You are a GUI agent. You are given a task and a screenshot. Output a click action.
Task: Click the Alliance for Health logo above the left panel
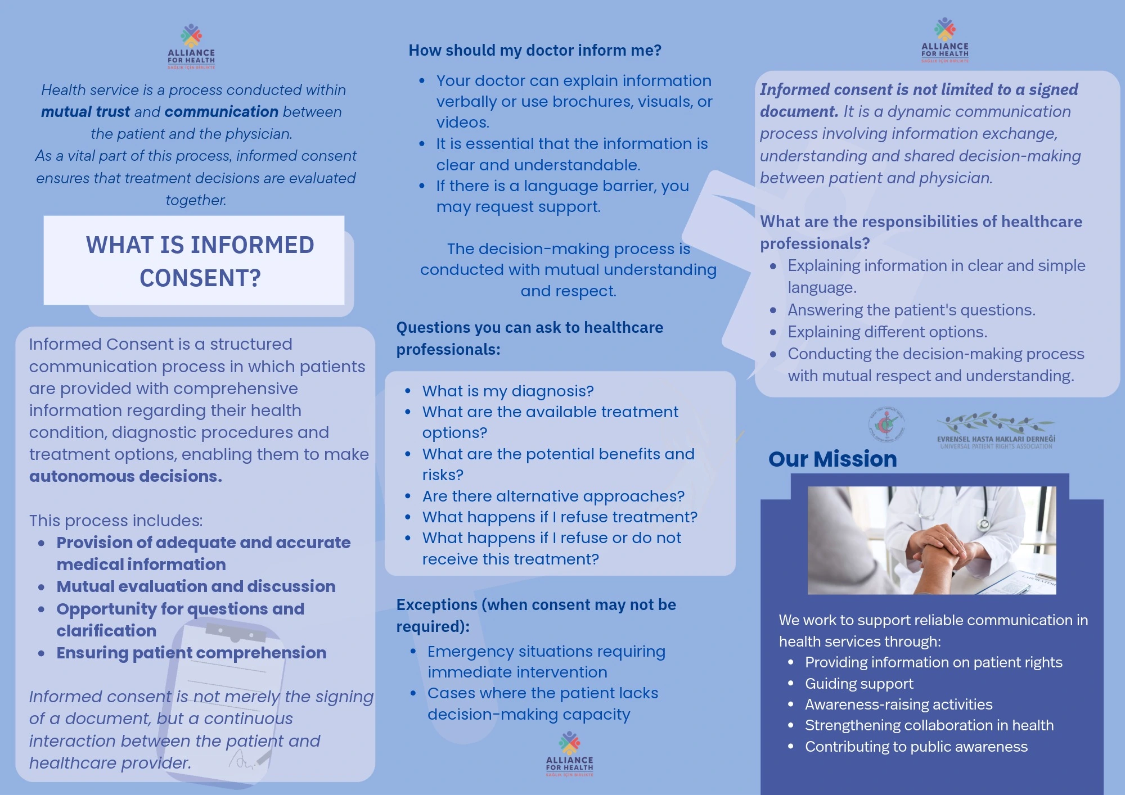pyautogui.click(x=191, y=46)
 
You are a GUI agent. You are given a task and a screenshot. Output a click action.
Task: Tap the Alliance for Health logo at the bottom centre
pyautogui.click(x=569, y=753)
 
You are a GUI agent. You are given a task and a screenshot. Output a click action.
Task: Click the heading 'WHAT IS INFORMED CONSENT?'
pyautogui.click(x=200, y=261)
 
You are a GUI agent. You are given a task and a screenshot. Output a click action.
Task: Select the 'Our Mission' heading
pyautogui.click(x=832, y=459)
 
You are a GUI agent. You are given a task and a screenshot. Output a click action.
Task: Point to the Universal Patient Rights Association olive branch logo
pyautogui.click(x=996, y=431)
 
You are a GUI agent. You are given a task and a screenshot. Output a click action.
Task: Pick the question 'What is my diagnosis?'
pyautogui.click(x=508, y=391)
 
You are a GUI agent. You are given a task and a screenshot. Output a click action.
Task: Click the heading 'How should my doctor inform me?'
pyautogui.click(x=535, y=50)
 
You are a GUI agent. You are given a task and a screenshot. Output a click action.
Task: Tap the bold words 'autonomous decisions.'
pyautogui.click(x=125, y=476)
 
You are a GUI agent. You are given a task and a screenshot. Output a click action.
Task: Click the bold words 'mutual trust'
pyautogui.click(x=85, y=111)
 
